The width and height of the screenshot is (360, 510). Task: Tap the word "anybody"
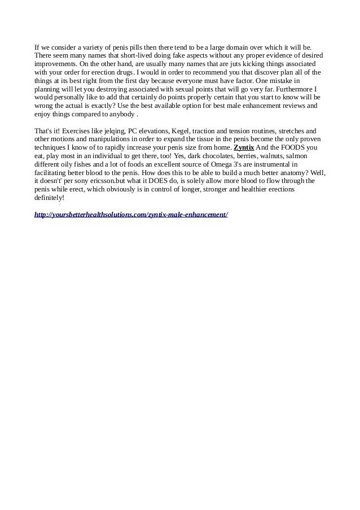122,114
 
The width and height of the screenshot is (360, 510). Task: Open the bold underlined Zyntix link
244,147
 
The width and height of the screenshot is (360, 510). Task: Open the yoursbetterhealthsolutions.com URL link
131,215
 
